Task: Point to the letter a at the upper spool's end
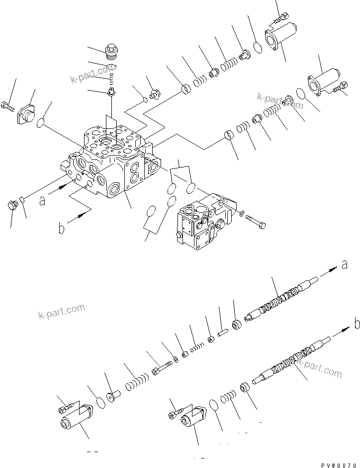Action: (344, 265)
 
